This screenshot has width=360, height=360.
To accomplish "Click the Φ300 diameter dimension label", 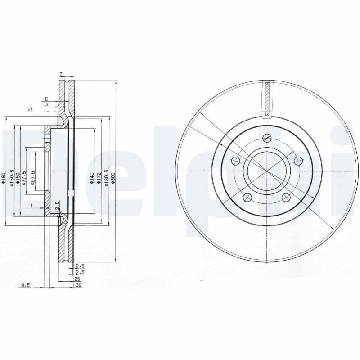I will [x=113, y=178].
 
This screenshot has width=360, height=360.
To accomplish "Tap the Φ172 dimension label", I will [x=99, y=178].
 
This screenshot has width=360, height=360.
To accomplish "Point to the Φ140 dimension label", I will [x=92, y=178].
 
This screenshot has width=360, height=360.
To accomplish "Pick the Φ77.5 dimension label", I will [x=25, y=177].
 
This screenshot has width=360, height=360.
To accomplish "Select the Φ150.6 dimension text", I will [x=12, y=177].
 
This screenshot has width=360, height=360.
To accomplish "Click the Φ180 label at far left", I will [x=4, y=178].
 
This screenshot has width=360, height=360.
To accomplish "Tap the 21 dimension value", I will [x=30, y=109].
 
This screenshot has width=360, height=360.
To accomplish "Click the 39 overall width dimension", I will [x=79, y=285].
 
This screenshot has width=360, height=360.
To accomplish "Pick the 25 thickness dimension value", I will [x=77, y=279].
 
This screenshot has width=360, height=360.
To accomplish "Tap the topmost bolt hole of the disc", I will [x=267, y=138].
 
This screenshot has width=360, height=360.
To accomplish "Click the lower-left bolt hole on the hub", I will [x=247, y=197].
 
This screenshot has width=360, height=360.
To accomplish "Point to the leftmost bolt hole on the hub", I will [x=235, y=161].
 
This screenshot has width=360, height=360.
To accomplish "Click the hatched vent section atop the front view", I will [x=267, y=98].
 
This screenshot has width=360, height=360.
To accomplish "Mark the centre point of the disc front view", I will [x=267, y=172].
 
